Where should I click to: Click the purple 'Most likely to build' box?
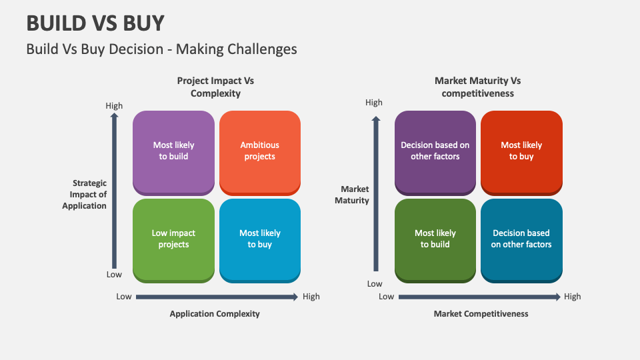click(173, 151)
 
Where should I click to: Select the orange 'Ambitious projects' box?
click(259, 151)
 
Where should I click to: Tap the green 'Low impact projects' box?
click(173, 239)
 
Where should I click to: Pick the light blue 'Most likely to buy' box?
click(259, 239)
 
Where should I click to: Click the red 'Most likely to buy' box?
click(521, 151)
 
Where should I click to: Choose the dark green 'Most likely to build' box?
click(435, 239)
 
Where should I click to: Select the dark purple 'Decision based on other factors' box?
click(435, 151)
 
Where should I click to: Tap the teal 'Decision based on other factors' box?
click(521, 239)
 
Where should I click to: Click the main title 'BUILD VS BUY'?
click(95, 23)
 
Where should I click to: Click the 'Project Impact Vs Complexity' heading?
click(215, 87)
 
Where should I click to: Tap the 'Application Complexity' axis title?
click(215, 313)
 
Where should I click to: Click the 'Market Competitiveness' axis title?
click(481, 313)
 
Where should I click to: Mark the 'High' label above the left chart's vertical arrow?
click(114, 105)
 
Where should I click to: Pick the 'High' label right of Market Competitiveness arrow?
click(572, 297)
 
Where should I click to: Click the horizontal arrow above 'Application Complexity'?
click(217, 297)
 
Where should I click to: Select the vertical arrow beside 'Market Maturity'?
click(376, 193)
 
